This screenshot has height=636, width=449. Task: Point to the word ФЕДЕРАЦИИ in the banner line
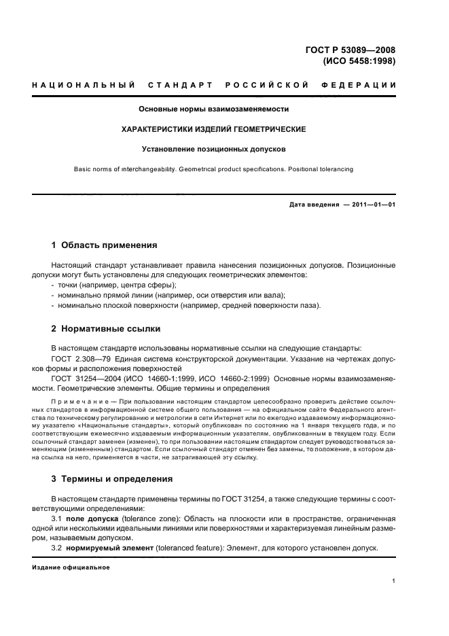click(365, 85)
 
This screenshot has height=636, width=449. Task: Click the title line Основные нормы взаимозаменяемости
click(214, 108)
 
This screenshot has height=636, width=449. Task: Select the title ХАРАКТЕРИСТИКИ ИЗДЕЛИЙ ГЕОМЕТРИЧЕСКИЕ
click(214, 128)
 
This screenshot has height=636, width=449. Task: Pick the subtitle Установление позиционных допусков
click(214, 148)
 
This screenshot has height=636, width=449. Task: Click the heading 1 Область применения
click(105, 245)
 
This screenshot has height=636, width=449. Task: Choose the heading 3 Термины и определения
click(112, 478)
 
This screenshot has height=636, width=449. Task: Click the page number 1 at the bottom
click(394, 582)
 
